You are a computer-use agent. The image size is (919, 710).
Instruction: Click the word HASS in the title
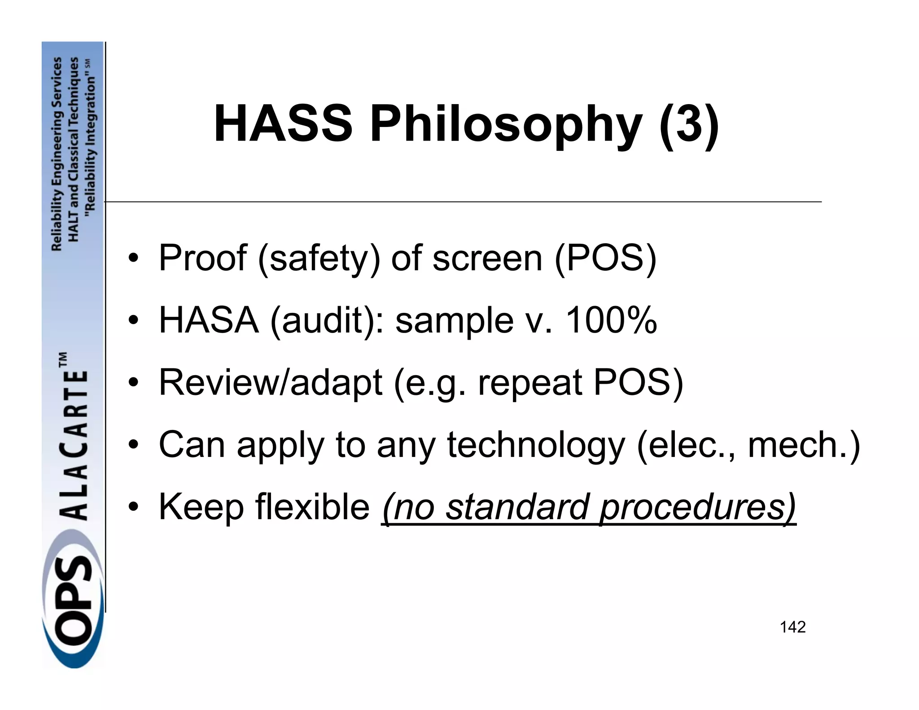283,123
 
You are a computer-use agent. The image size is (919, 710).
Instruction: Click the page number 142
792,627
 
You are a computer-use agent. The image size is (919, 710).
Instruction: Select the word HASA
209,320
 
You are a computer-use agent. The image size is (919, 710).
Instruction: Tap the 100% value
611,320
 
